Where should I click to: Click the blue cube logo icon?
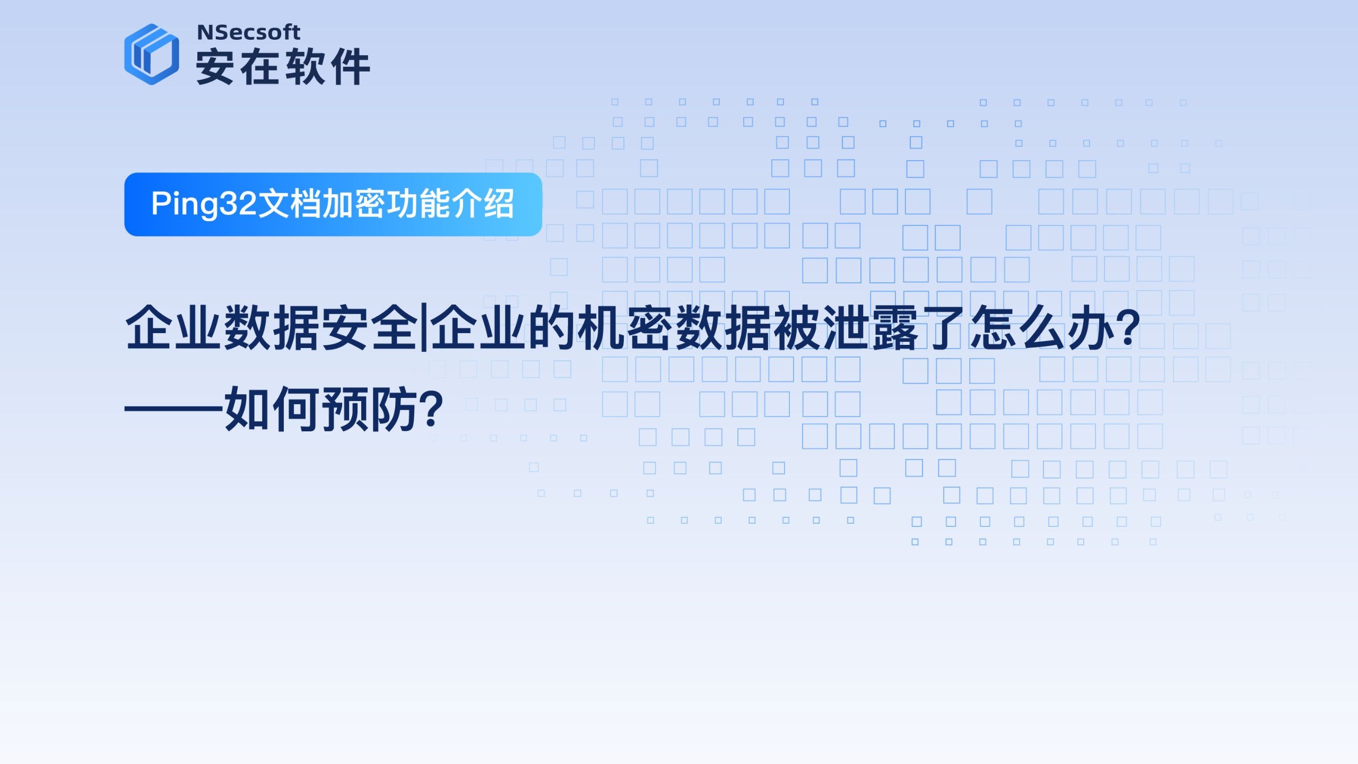pos(152,54)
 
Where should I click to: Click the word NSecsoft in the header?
pos(248,33)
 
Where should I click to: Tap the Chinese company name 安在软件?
pos(283,66)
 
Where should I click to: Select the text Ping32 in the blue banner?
pos(204,204)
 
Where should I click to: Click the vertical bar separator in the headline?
pos(423,328)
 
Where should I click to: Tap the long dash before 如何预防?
pos(174,409)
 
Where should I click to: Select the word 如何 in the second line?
pos(273,409)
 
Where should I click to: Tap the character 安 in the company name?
pos(215,66)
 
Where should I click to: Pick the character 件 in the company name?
pos(350,66)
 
